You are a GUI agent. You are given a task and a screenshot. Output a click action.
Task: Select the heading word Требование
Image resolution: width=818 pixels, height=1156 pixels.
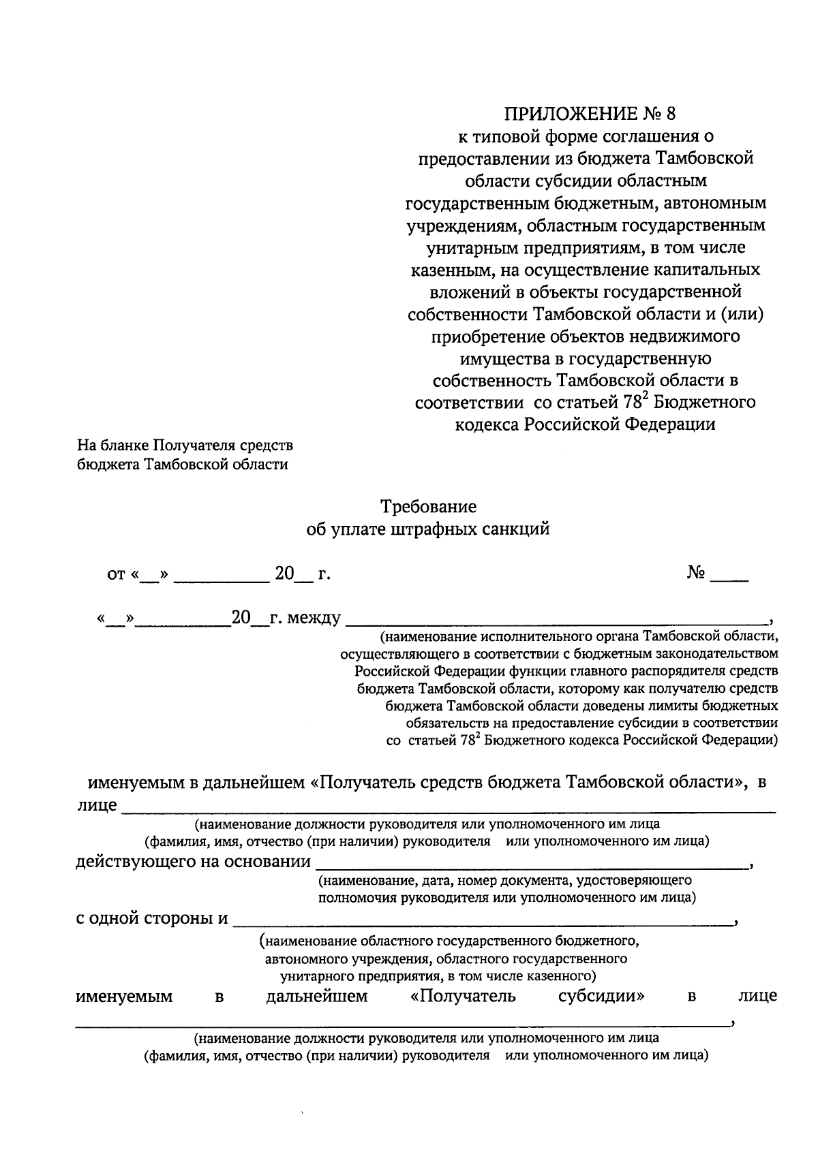coord(428,507)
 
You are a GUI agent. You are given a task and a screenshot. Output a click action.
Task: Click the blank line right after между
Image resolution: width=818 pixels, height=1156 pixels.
coord(556,621)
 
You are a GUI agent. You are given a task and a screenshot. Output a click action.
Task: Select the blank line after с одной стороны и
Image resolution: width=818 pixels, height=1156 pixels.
coord(481,922)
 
